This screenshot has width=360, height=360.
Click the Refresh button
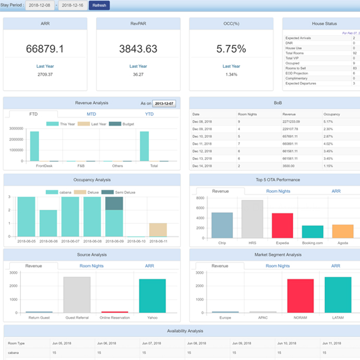tap(99, 5)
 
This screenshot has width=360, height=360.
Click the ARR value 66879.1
tap(45, 49)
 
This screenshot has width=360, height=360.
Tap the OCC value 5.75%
tap(231, 49)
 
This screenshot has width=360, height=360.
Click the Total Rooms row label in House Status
tap(295, 53)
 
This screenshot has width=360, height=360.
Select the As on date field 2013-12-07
tap(164, 103)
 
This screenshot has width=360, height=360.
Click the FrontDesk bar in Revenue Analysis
tap(34, 146)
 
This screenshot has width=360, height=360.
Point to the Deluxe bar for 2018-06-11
tap(158, 230)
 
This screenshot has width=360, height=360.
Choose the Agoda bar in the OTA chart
tap(342, 232)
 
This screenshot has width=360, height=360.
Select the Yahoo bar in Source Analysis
tap(152, 295)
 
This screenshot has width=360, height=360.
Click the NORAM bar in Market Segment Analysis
tap(300, 295)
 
